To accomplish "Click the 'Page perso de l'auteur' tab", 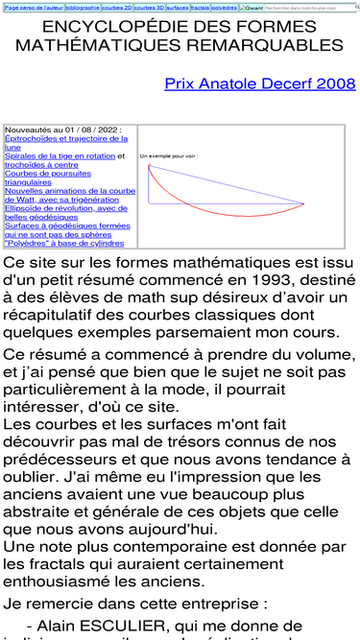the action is [x=34, y=7].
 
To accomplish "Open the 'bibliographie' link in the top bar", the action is [x=83, y=7].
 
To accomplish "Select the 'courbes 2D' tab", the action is [x=117, y=7].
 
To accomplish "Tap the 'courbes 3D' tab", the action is [x=149, y=7].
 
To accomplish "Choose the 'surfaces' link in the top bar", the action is [x=178, y=7].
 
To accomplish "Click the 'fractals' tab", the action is [x=201, y=7].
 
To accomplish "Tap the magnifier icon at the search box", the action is [x=357, y=7].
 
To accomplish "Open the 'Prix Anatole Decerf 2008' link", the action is [x=260, y=84].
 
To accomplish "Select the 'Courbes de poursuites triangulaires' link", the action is [x=48, y=178].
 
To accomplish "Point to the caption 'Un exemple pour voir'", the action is [x=169, y=155].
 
